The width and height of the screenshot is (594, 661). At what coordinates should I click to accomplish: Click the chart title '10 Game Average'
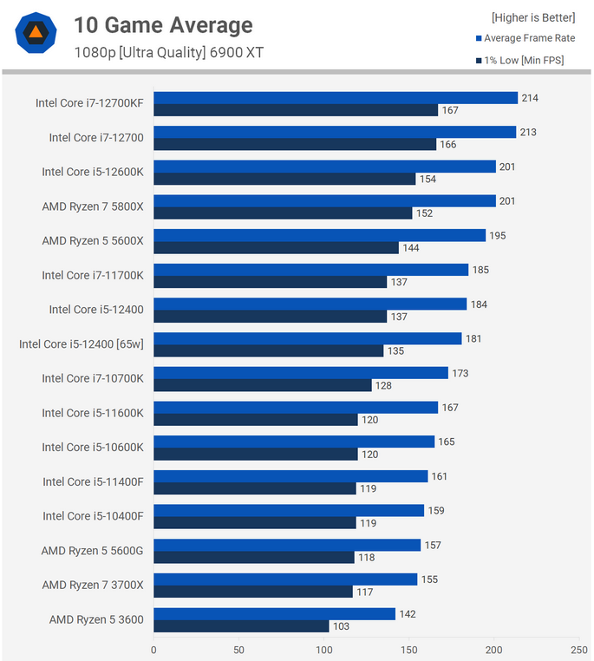click(163, 26)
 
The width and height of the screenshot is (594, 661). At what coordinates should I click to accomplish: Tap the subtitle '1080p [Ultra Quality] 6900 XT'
click(169, 53)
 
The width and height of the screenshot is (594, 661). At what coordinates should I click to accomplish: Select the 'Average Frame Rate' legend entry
click(529, 37)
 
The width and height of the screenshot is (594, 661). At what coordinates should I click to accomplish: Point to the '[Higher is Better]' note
click(532, 16)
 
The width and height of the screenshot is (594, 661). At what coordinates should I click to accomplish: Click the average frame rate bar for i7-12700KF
click(336, 98)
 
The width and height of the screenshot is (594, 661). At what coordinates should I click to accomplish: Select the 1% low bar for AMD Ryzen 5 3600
click(241, 626)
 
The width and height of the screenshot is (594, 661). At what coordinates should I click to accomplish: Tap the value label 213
click(528, 132)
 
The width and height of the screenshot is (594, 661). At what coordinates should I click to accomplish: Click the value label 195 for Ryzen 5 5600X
click(498, 235)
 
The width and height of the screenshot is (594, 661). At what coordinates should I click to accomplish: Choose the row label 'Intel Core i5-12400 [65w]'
click(82, 344)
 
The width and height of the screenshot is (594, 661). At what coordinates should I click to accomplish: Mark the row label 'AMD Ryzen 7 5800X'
click(93, 206)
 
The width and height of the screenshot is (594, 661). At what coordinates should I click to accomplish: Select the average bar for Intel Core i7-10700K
click(301, 373)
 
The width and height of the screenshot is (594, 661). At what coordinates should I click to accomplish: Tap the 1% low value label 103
click(342, 626)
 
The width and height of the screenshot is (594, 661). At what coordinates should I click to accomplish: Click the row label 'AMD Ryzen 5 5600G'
click(92, 551)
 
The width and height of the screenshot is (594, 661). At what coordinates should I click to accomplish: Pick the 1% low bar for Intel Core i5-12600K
click(284, 179)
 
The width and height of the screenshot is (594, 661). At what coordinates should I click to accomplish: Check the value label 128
click(384, 385)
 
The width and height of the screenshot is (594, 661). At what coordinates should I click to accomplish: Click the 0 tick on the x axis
click(153, 649)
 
